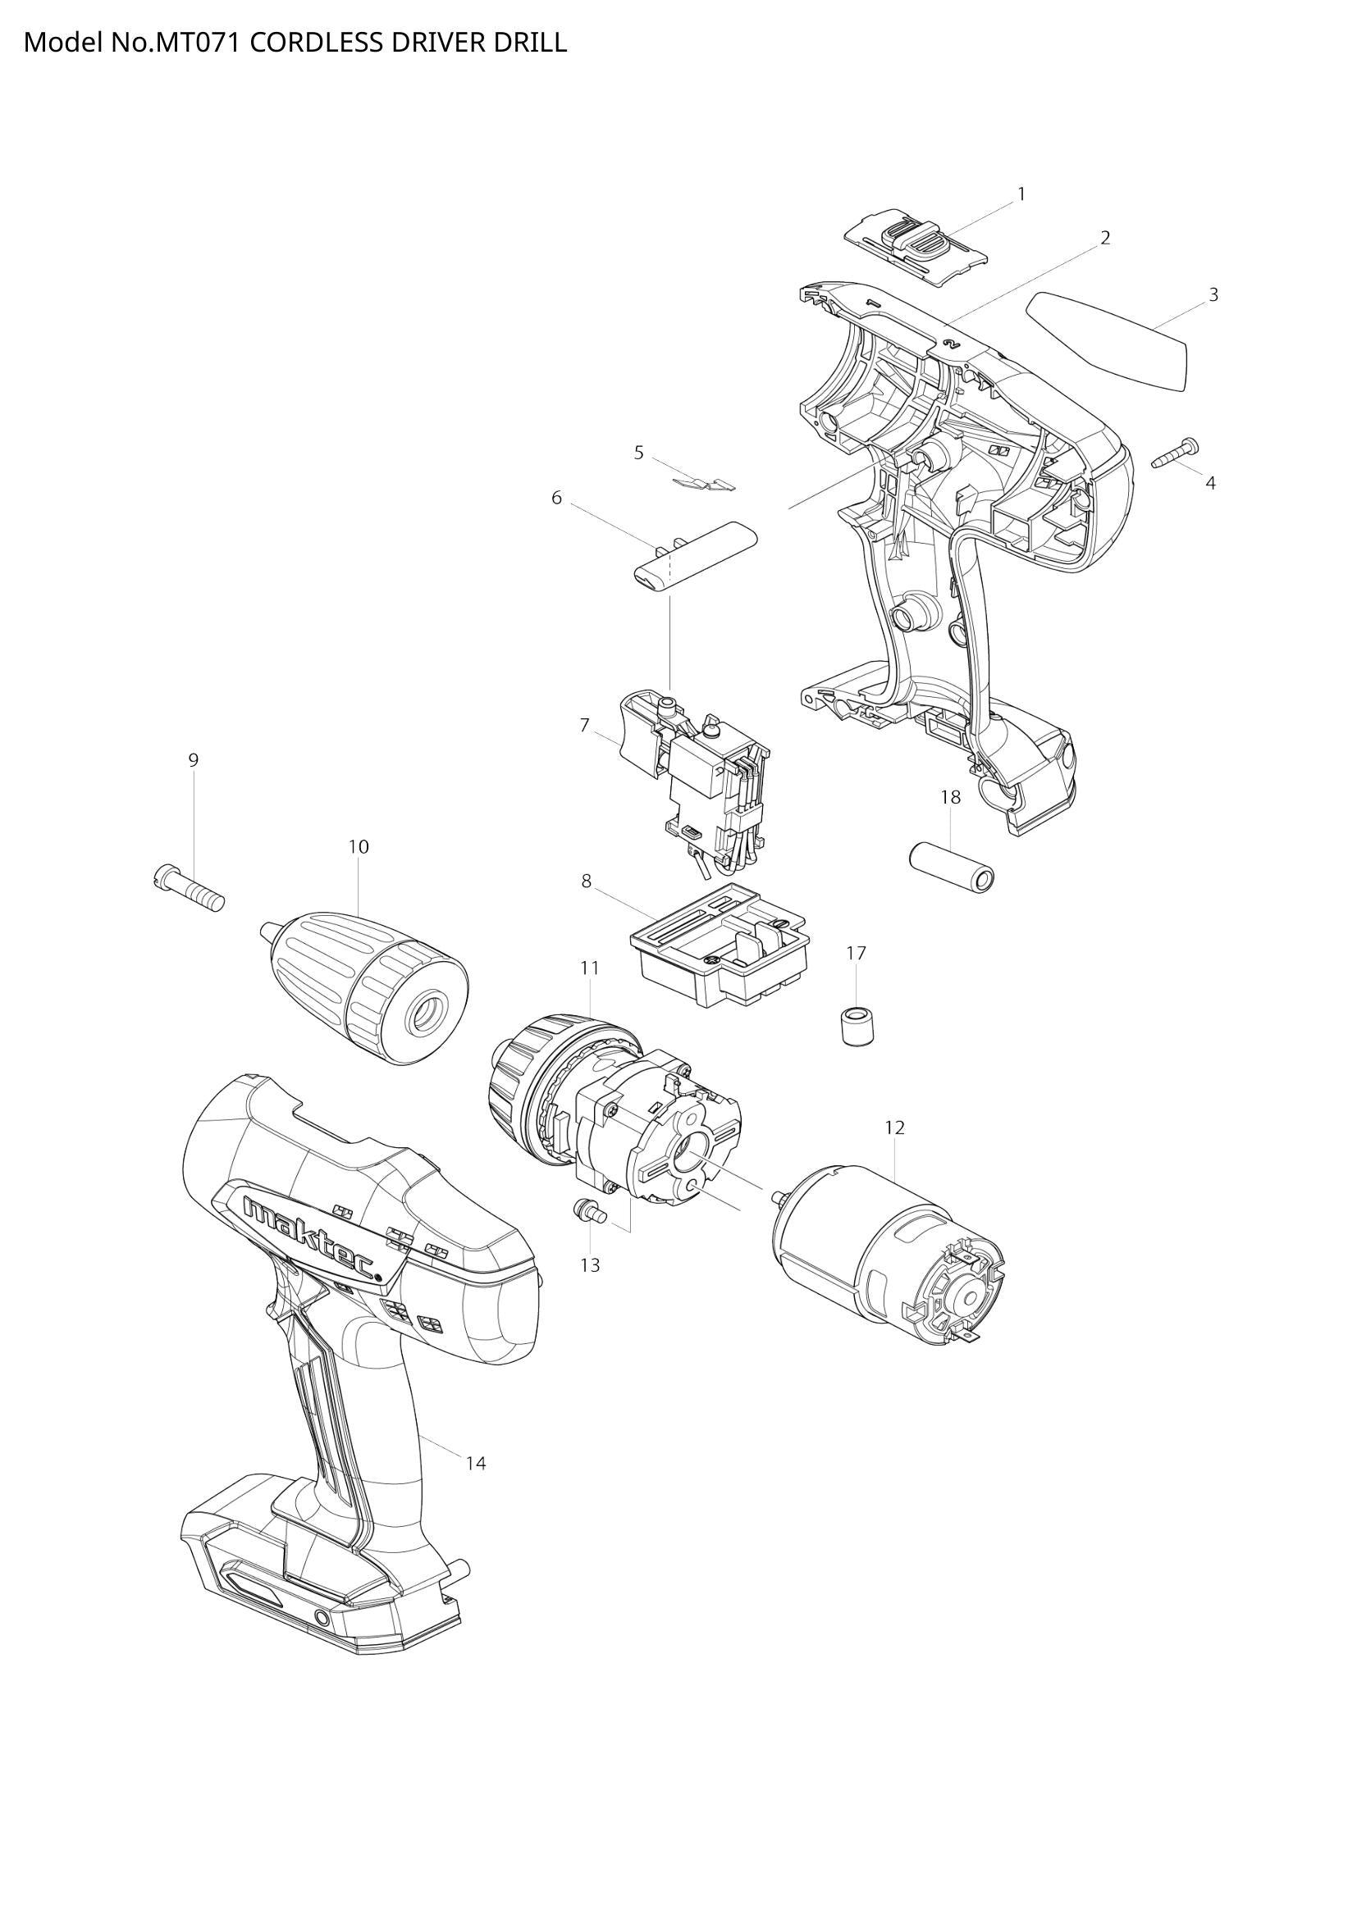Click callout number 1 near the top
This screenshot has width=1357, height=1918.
click(1021, 194)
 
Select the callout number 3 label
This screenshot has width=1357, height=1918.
click(1213, 294)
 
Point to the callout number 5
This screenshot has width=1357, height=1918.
click(638, 453)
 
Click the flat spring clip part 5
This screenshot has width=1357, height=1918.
click(705, 483)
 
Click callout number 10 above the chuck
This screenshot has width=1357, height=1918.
click(358, 846)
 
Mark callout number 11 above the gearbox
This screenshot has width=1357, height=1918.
click(590, 968)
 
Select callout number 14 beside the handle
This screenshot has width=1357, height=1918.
click(476, 1463)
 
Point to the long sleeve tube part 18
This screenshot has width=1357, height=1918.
click(953, 868)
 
